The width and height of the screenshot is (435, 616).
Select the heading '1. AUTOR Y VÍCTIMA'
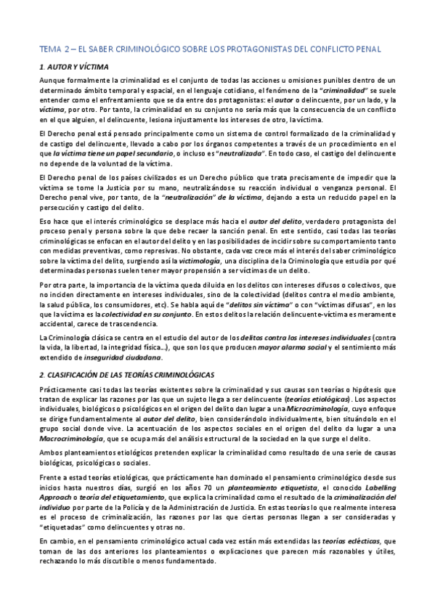tap(73, 67)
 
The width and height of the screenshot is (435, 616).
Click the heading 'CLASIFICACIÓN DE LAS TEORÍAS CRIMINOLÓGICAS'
tap(131, 373)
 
